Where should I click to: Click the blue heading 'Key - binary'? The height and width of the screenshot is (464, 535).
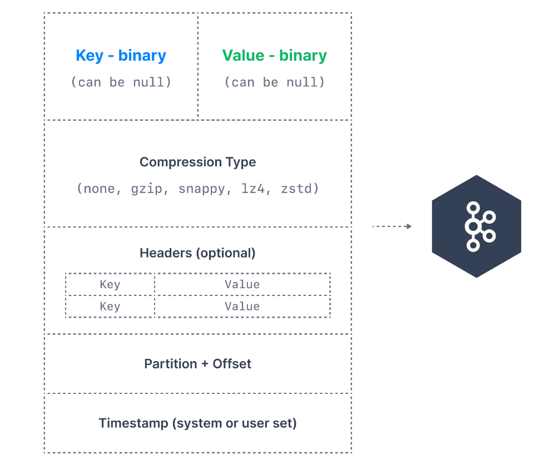121,56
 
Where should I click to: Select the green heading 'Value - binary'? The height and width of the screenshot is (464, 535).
274,56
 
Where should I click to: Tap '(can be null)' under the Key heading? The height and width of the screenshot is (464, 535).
121,82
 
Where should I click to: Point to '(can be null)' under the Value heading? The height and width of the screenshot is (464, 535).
274,82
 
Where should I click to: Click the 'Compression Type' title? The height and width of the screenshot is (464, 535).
197,162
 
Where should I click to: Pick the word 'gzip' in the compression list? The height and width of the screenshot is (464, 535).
147,189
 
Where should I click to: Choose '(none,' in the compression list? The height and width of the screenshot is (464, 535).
99,189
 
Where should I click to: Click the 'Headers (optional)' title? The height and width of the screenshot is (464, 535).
197,253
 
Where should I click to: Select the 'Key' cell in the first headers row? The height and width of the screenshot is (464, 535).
110,284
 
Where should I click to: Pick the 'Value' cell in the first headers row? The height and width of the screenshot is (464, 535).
242,284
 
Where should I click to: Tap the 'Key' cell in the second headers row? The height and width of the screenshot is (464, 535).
110,306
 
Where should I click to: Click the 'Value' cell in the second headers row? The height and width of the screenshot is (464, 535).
242,306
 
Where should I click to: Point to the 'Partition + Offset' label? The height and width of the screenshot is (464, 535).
197,364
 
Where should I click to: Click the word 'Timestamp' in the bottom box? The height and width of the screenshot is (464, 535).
133,423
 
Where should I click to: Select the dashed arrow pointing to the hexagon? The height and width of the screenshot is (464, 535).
392,226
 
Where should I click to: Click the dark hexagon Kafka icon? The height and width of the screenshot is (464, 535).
477,226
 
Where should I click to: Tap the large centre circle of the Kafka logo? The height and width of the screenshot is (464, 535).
472,226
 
